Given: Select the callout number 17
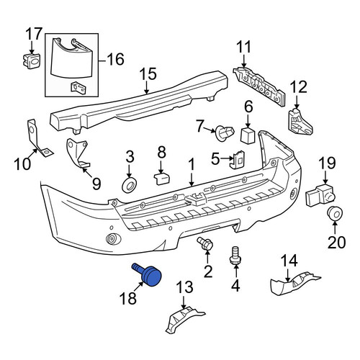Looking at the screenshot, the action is coord(34,34).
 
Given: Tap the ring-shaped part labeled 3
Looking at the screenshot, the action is coord(130,186).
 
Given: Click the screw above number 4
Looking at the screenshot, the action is coord(235,255).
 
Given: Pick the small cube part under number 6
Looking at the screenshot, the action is coord(248,135).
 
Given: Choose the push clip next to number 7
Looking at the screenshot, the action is coord(225,132).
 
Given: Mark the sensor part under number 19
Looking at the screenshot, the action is coord(320,195).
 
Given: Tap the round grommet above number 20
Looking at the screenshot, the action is coord(335,213).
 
